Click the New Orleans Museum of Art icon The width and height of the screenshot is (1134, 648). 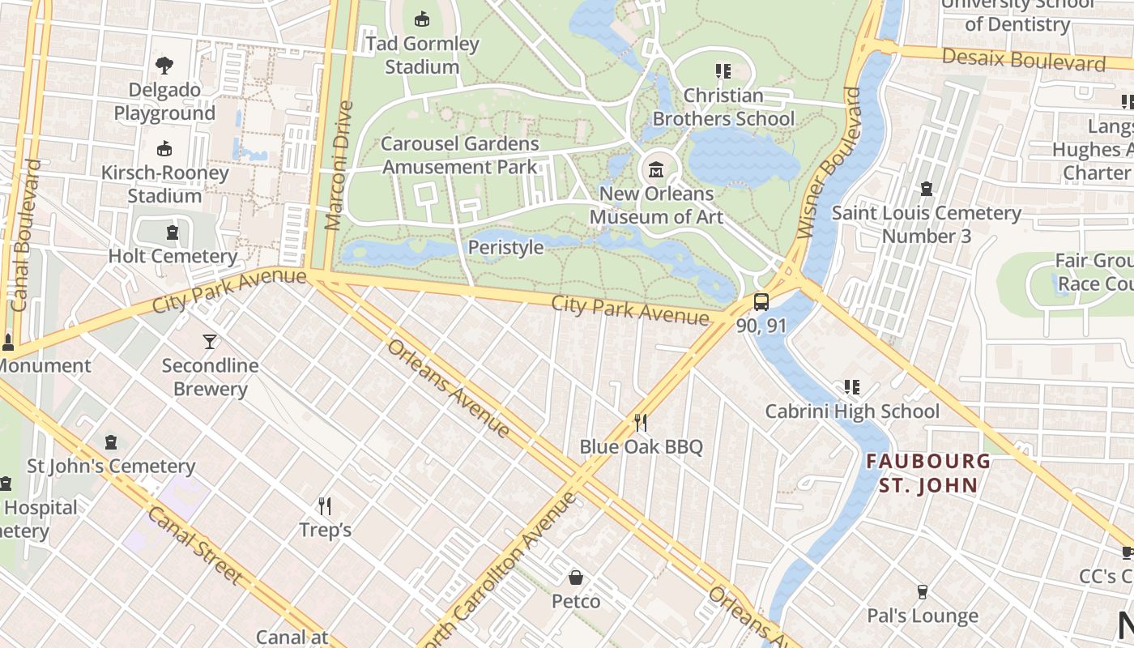(656, 171)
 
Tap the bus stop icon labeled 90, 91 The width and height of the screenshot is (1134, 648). (761, 302)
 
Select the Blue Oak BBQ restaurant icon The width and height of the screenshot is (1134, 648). (640, 422)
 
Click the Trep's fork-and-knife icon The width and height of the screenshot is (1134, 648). (325, 506)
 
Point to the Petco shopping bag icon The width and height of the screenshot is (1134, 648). (575, 578)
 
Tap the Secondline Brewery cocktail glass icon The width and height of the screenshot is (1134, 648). (210, 341)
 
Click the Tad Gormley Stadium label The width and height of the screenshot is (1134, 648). (421, 55)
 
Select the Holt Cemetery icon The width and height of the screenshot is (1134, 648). (172, 233)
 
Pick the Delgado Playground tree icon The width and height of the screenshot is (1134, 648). (164, 66)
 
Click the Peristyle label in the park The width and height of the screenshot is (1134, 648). (505, 247)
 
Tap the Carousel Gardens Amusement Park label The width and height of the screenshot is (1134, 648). (460, 156)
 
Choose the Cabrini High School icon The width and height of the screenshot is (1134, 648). (851, 387)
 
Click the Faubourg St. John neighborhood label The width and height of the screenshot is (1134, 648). (927, 474)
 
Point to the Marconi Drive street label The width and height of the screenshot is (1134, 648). (339, 166)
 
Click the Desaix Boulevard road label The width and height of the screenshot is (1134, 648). (1024, 59)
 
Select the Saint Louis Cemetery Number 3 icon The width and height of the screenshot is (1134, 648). (927, 189)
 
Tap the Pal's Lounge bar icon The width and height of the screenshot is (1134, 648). (922, 592)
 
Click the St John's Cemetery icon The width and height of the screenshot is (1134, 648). (111, 442)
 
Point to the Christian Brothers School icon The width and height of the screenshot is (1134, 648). (723, 71)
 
